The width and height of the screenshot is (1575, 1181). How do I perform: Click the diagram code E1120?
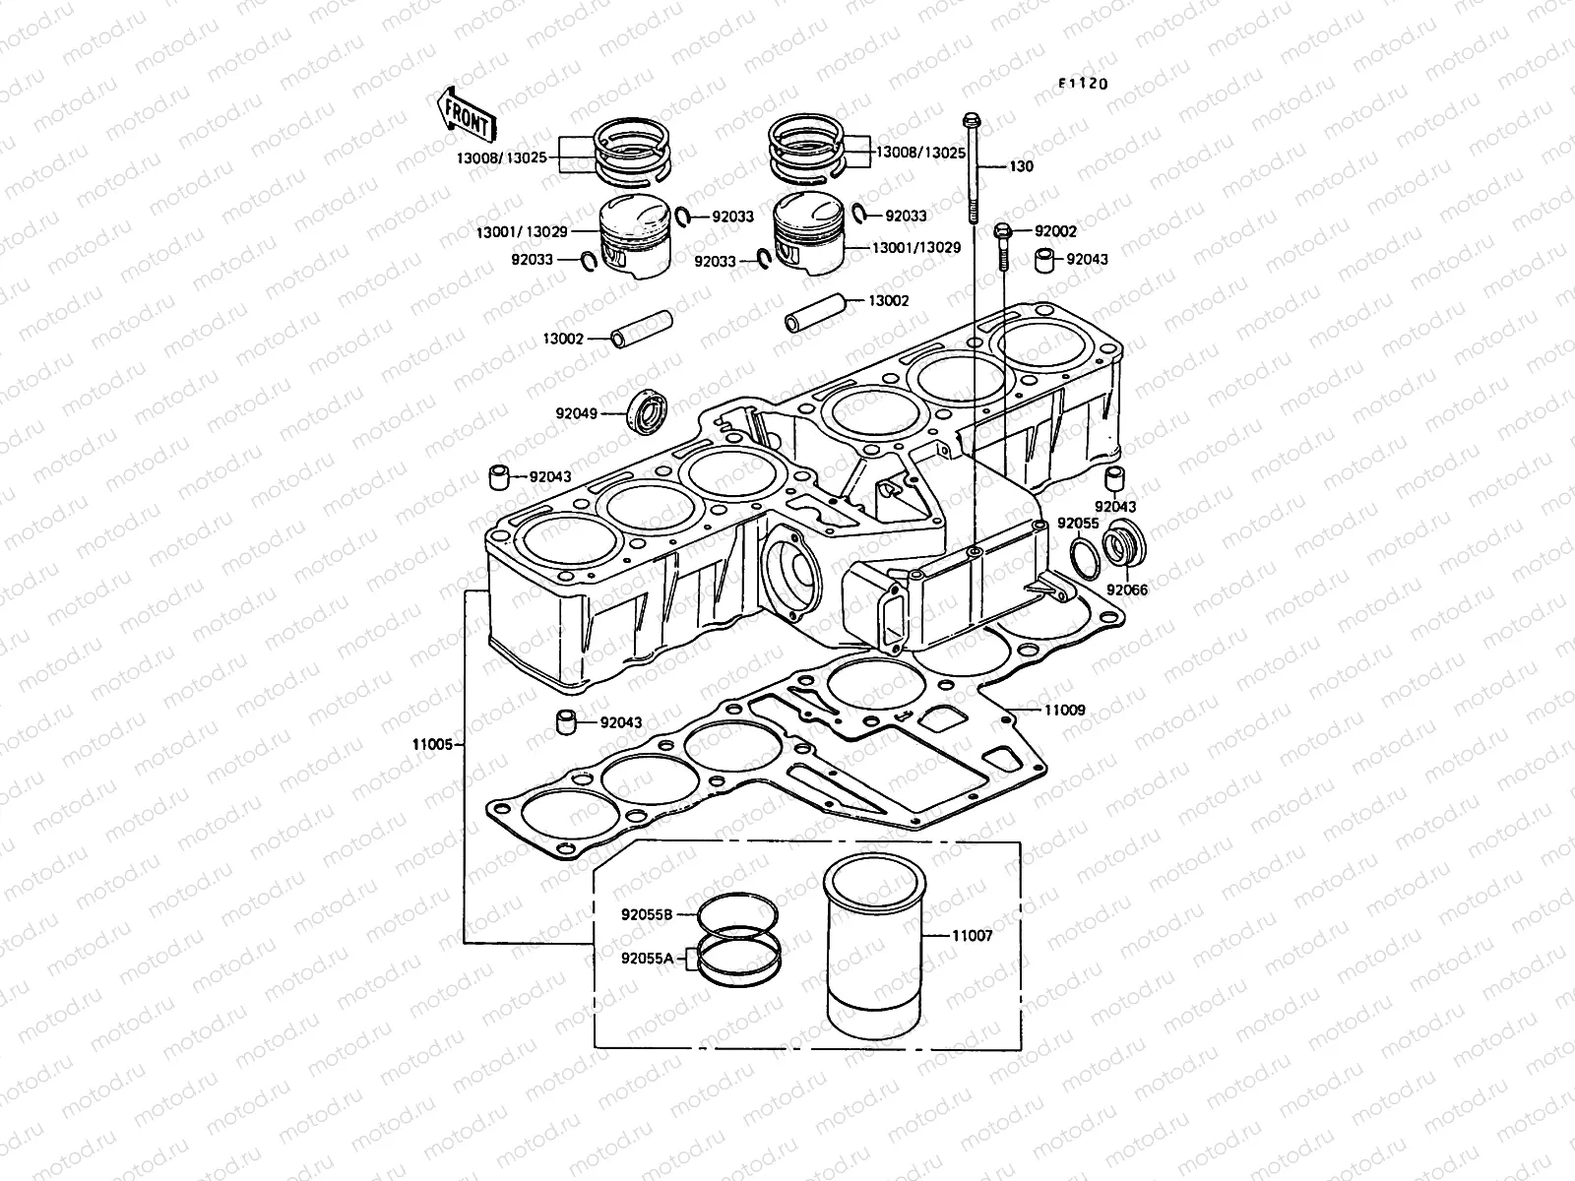[x=1083, y=84]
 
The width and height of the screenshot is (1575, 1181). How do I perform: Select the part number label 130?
[x=1049, y=166]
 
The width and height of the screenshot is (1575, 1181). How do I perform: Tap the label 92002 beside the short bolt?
[x=1055, y=231]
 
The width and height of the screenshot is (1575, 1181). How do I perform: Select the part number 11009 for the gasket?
[x=1064, y=709]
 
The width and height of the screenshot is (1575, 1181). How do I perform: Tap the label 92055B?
[x=646, y=912]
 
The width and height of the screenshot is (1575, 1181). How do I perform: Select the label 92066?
[x=1127, y=590]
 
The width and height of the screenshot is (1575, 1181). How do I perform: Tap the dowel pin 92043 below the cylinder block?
[x=566, y=720]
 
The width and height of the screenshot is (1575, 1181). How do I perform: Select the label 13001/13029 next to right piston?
[x=916, y=248]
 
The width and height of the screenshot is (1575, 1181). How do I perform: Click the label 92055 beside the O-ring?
[x=1078, y=524]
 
